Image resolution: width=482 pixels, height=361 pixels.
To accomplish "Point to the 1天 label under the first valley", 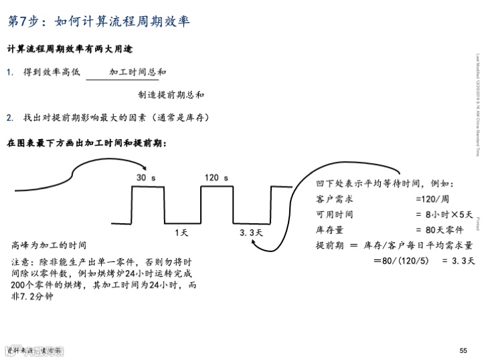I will tap(181, 233).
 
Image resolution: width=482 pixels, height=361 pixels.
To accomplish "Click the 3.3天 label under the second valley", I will tap(254, 233).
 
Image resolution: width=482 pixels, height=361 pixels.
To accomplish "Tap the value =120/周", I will tap(431, 199).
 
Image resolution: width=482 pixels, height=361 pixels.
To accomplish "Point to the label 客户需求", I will tap(334, 199).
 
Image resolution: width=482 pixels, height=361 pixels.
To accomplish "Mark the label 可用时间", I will tap(334, 215).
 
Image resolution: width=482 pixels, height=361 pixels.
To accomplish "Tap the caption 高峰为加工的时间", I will tap(49, 245).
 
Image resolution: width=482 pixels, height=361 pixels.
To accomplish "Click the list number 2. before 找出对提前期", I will tap(10, 117).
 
